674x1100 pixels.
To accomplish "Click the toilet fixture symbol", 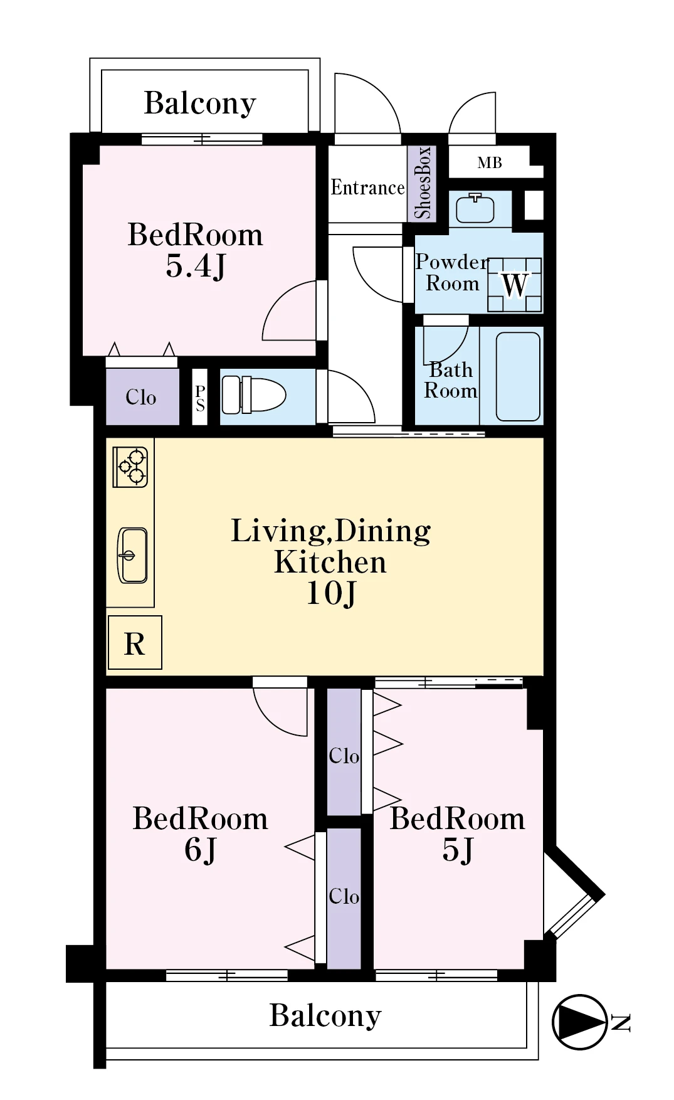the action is [x=254, y=395].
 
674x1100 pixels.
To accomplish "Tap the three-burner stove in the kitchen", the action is [x=130, y=467].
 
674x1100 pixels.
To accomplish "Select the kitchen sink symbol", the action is [x=132, y=556].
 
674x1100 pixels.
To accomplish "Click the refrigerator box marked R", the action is [x=135, y=643].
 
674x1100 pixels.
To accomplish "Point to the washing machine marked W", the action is [x=514, y=285].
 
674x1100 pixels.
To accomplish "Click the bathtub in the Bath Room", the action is [x=518, y=376].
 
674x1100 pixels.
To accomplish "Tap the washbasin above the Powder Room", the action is [x=475, y=208].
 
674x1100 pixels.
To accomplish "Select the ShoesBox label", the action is [x=422, y=183].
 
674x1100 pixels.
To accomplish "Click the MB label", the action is [x=490, y=163].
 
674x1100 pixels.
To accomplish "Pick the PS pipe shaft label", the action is [x=200, y=398].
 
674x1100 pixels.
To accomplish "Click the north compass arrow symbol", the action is [x=580, y=1022].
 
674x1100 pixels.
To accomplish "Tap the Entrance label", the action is [x=368, y=188].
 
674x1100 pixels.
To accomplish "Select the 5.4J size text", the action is [x=195, y=266].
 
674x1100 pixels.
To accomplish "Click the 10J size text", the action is [x=331, y=593].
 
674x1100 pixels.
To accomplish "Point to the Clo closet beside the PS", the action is [x=141, y=397].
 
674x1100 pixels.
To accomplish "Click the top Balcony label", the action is [x=200, y=103].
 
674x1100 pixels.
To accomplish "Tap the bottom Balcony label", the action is [x=325, y=1016].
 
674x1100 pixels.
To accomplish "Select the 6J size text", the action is [x=200, y=850].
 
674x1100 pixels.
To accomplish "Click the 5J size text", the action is [x=458, y=850].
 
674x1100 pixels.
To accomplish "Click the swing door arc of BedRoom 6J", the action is [x=270, y=721].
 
